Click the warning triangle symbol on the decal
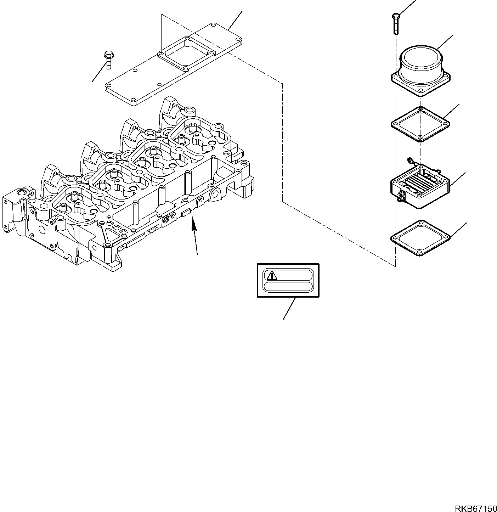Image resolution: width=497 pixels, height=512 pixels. click(x=272, y=275)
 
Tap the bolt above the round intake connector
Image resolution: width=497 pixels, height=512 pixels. click(x=396, y=23)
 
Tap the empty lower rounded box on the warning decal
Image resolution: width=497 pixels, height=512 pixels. click(x=288, y=287)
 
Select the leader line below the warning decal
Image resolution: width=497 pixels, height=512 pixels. click(x=289, y=308)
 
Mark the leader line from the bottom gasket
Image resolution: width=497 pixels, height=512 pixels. click(x=458, y=230)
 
